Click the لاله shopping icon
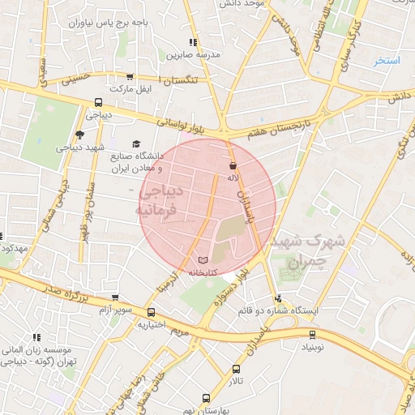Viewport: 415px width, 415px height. (x=233, y=165)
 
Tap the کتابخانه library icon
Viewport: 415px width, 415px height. (x=202, y=260)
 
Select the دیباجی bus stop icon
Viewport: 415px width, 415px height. (x=98, y=103)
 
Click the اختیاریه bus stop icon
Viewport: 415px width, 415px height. (x=151, y=312)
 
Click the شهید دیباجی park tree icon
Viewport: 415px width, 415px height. (x=79, y=135)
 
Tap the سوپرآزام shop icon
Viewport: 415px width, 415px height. (x=114, y=297)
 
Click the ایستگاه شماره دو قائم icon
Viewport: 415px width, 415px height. (x=280, y=297)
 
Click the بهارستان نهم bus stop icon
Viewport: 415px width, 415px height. (x=206, y=399)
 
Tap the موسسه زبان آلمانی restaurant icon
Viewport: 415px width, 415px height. (x=36, y=337)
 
